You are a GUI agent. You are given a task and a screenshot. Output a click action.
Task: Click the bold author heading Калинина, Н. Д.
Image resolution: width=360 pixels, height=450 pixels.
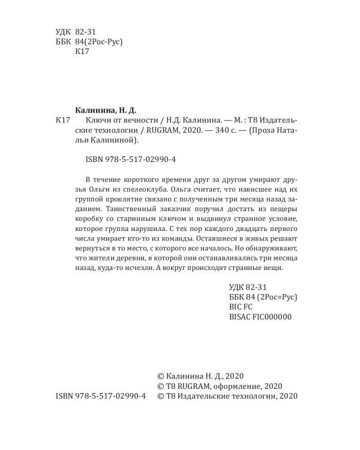tap(105, 110)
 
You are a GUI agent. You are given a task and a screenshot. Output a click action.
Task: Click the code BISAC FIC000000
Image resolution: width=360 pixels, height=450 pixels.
tap(260, 316)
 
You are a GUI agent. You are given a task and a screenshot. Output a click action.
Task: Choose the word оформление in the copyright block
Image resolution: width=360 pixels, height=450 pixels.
tap(229, 385)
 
